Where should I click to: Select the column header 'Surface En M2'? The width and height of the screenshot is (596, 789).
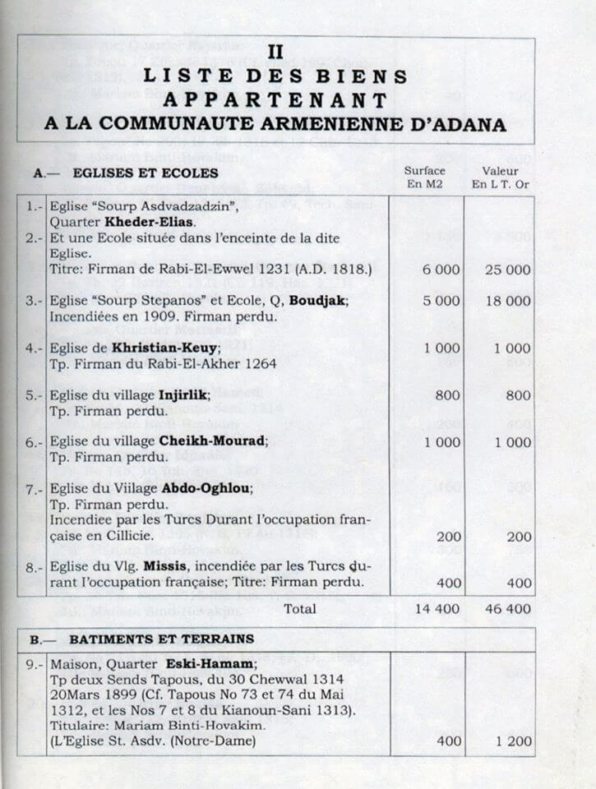point(425,177)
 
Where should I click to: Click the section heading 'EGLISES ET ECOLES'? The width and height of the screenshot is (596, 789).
point(145,173)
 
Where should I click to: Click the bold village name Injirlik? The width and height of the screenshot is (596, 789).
point(178,394)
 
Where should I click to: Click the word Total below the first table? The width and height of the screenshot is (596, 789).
point(301,609)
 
